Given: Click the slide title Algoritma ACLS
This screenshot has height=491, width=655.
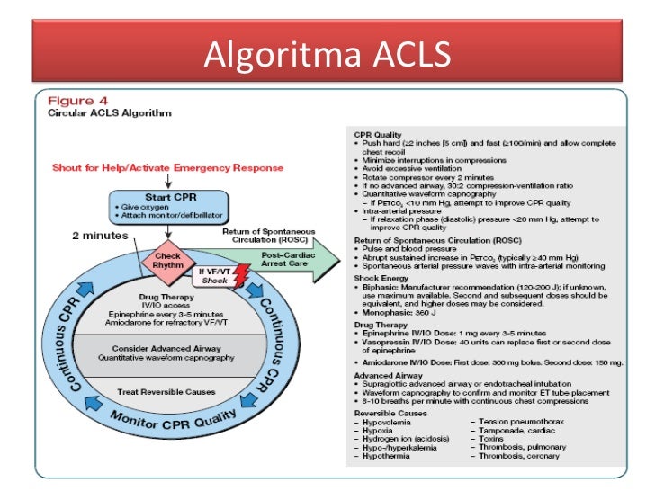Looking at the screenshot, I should click(x=327, y=55).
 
